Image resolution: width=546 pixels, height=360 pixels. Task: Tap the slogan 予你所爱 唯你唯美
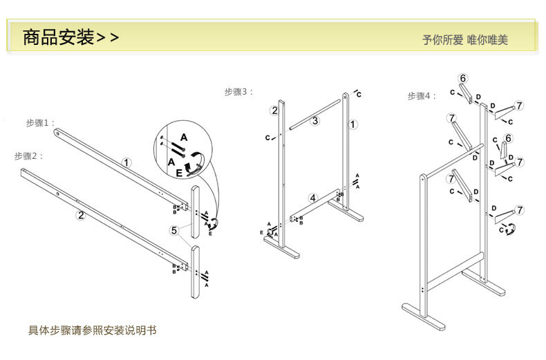click(x=465, y=39)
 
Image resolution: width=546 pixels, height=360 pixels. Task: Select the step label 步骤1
click(x=40, y=123)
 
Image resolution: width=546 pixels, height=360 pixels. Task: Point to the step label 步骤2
click(x=29, y=156)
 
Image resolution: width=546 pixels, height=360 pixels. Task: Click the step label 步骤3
click(x=238, y=92)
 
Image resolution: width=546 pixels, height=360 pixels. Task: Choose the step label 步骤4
click(x=422, y=96)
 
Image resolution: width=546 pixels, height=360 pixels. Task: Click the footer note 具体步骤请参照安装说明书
click(x=92, y=330)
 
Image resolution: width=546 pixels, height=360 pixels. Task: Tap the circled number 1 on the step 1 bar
click(x=126, y=163)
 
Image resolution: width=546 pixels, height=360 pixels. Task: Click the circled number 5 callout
click(x=174, y=230)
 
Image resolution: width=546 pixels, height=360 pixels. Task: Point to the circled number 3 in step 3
click(x=314, y=121)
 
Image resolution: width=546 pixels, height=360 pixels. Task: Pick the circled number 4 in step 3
click(x=312, y=198)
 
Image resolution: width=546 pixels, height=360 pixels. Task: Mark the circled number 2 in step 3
click(x=274, y=111)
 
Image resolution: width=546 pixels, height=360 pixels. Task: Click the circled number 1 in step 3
click(x=353, y=124)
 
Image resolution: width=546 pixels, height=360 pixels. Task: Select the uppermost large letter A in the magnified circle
click(x=184, y=137)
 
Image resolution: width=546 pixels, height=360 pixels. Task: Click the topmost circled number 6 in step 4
click(x=463, y=78)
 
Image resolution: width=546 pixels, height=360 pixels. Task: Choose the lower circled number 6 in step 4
click(x=509, y=138)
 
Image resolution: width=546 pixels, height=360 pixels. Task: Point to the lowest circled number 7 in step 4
click(x=520, y=210)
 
